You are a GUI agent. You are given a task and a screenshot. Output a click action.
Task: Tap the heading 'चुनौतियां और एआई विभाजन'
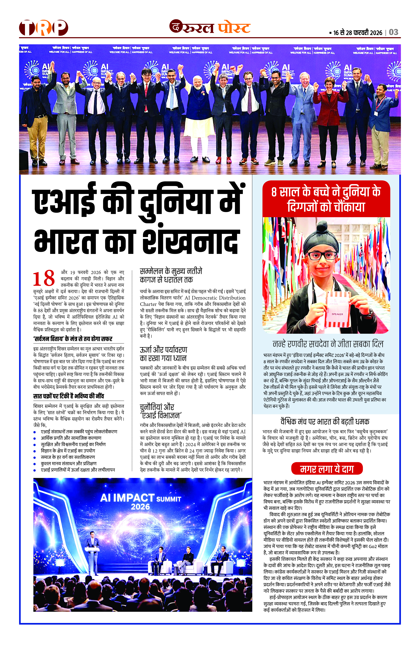(x=161, y=411)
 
